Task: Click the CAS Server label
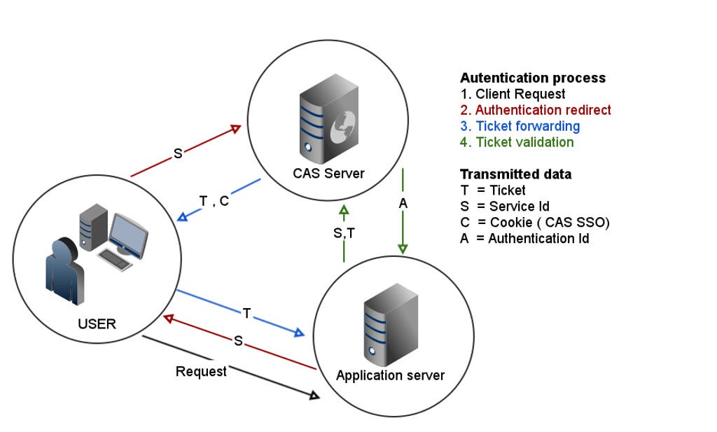pos(330,173)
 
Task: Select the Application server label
pos(390,375)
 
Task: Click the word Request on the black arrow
pos(201,371)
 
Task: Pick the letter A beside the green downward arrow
pos(403,203)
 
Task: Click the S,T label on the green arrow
pos(344,233)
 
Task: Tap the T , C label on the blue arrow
pos(214,201)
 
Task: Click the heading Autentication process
pos(533,78)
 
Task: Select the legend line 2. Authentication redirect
pos(536,111)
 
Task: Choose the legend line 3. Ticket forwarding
pos(520,127)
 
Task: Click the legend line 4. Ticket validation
pos(517,143)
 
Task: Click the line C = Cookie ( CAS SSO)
pos(534,223)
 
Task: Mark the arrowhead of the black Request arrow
pos(314,396)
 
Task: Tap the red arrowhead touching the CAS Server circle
pos(236,128)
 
